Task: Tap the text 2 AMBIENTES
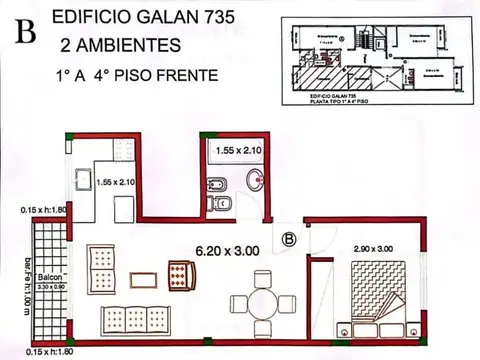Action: [120, 45]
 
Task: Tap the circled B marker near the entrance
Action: [288, 240]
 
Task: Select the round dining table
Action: [263, 302]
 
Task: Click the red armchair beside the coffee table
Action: [181, 271]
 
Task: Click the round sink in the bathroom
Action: [254, 181]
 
